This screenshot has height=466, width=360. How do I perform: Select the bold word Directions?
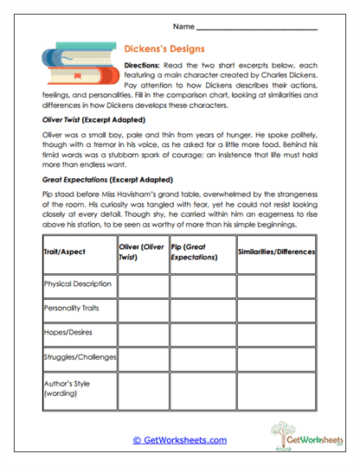tap(148, 66)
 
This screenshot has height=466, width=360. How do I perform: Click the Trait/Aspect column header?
tap(65, 252)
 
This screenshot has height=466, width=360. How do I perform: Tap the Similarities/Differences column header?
tap(276, 252)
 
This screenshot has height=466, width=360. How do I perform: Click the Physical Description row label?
tap(78, 284)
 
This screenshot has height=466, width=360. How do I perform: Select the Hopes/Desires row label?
tap(68, 331)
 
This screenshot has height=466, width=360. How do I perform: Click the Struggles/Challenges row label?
tap(79, 356)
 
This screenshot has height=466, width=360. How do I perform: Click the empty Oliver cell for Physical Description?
tap(143, 284)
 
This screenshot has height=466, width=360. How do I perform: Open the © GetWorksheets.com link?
tap(179, 440)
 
